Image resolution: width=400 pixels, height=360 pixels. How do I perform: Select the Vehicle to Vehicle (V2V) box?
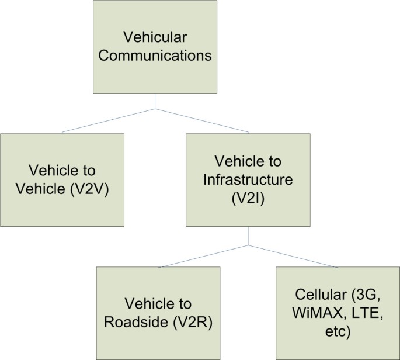(62, 180)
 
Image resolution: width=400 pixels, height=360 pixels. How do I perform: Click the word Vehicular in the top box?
(155, 37)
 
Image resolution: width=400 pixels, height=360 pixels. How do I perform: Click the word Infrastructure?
(248, 179)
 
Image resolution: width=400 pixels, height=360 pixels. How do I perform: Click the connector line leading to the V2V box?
(108, 121)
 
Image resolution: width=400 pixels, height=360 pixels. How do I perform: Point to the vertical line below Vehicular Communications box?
(155, 101)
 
